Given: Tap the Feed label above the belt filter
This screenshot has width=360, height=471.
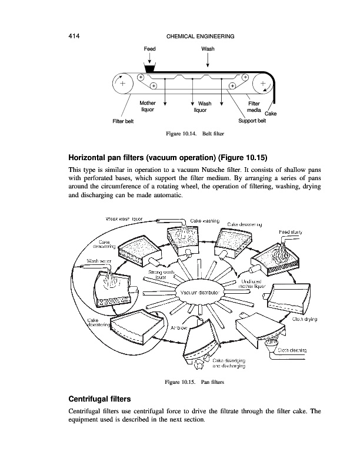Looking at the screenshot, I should tap(150, 49).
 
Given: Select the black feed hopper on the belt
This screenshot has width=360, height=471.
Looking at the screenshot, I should tap(149, 69).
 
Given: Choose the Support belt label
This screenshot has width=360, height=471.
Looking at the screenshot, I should tap(252, 121).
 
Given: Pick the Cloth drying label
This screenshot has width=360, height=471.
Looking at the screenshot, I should tap(305, 319).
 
